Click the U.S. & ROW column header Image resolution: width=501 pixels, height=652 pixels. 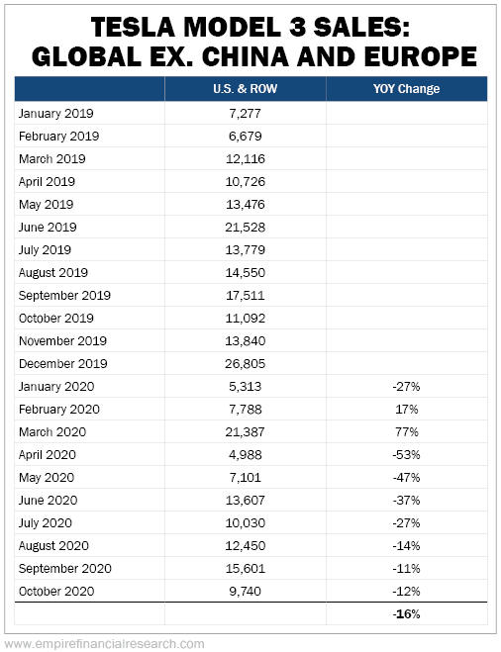[246, 89]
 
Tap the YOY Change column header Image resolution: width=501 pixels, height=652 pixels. [406, 89]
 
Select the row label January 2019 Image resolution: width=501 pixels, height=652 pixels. [56, 114]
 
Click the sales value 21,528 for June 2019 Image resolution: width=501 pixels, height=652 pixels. [246, 227]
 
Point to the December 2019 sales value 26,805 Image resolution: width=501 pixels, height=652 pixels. [246, 364]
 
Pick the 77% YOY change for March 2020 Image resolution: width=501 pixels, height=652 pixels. [407, 432]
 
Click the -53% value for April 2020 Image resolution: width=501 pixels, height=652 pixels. [406, 455]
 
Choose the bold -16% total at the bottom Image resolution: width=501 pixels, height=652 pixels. [406, 613]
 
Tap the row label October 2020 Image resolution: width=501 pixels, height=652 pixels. [56, 592]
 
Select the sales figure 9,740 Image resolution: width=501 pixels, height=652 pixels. [246, 592]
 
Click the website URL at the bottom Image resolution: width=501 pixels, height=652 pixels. [104, 644]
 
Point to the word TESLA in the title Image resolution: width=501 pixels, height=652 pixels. [133, 28]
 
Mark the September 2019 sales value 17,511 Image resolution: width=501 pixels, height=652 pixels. [246, 295]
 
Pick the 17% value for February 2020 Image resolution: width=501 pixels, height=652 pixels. [407, 410]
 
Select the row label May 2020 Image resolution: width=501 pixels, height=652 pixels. [47, 478]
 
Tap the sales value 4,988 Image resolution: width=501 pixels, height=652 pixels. [246, 455]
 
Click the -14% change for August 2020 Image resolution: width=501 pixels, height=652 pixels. [406, 545]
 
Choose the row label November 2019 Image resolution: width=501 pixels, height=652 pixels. [62, 341]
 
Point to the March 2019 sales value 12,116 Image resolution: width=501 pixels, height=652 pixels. [246, 159]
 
